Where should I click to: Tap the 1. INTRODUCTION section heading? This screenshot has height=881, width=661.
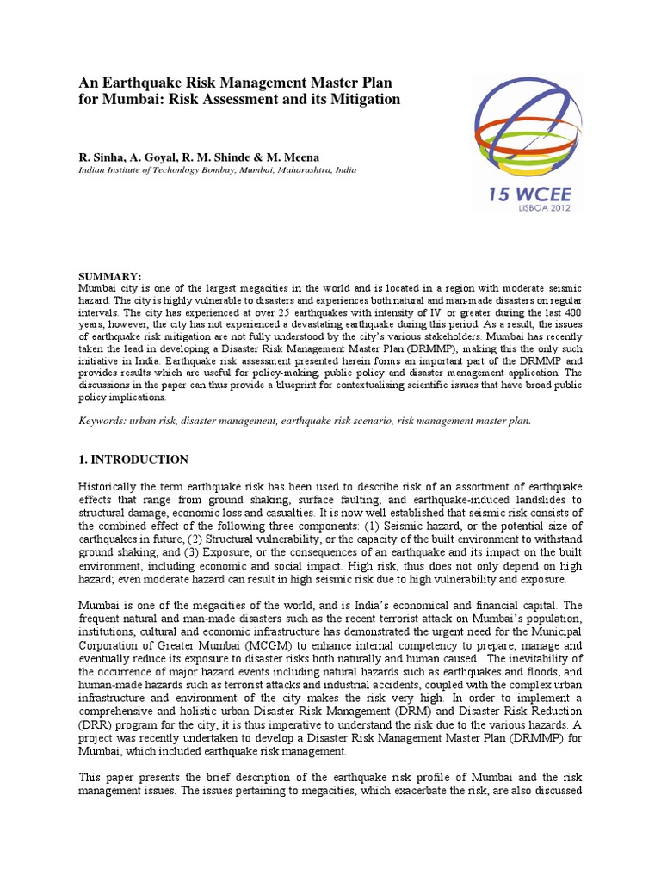(x=133, y=460)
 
